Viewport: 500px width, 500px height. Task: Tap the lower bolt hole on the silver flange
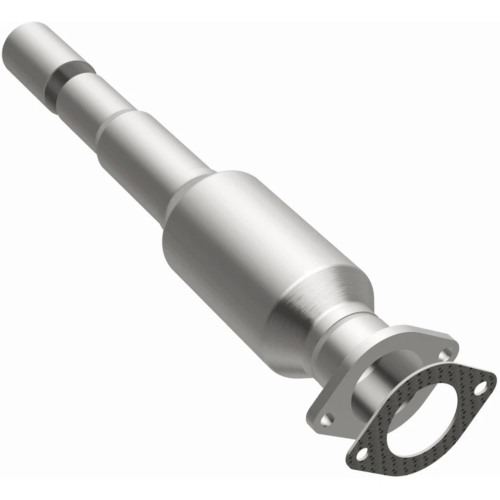pos(328,419)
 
